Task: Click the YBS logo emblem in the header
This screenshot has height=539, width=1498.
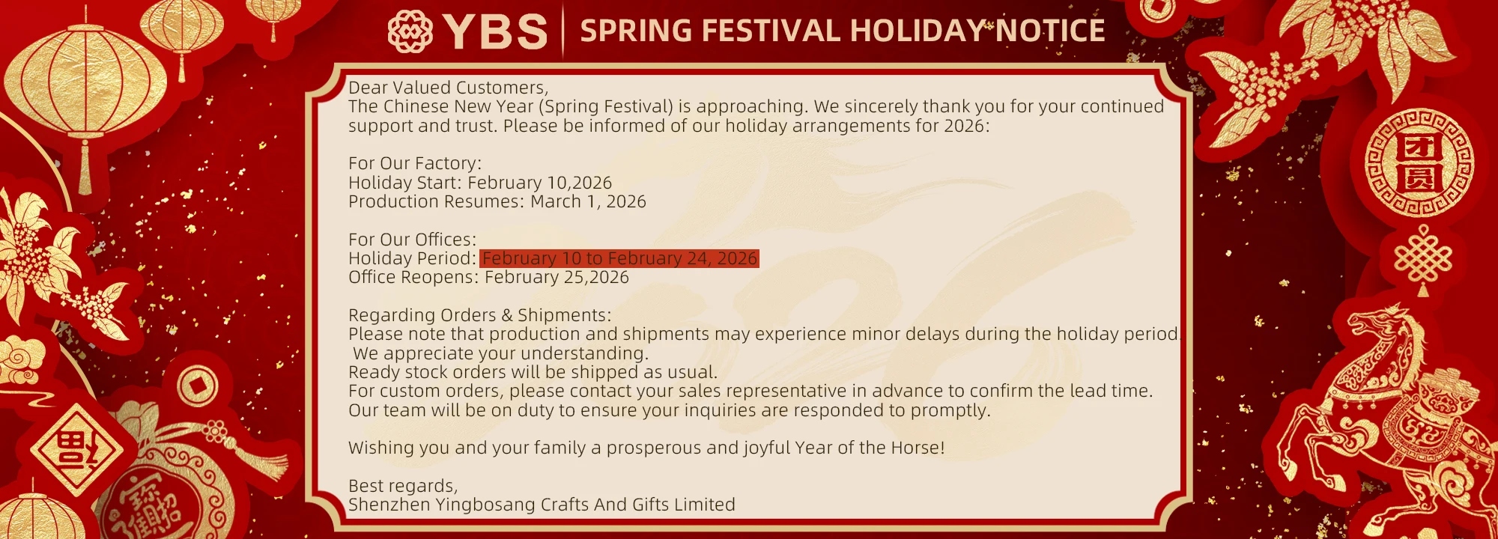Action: [x=410, y=31]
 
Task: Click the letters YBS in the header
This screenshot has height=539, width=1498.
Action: [x=495, y=31]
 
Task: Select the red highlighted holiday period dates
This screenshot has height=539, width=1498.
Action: [x=619, y=258]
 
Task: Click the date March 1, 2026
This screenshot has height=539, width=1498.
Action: [x=588, y=201]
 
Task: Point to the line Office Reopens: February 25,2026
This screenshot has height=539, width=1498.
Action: [x=488, y=277]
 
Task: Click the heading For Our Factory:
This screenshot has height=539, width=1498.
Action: [x=415, y=163]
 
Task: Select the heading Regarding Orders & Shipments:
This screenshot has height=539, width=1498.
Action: [x=479, y=315]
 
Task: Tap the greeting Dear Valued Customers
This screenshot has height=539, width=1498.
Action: [x=448, y=88]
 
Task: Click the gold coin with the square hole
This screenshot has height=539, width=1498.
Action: [x=198, y=386]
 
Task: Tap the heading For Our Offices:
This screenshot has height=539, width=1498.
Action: [x=412, y=240]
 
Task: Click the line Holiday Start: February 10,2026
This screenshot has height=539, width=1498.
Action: [x=480, y=183]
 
